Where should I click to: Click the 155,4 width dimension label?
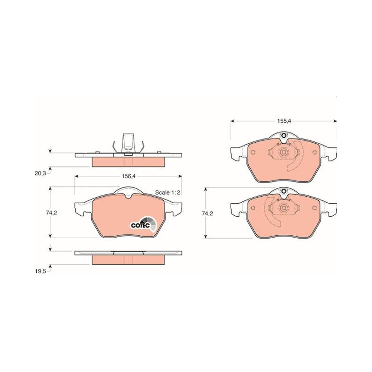pos(284,121)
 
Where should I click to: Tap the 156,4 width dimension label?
pos(128,176)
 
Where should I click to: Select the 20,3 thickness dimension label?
pos(40,173)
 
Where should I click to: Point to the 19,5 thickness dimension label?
pos(40,272)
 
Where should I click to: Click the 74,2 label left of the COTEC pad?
pos(52,213)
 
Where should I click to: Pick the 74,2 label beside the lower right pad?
pos(207,213)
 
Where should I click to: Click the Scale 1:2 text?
pos(167,193)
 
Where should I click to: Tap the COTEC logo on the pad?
pos(144,224)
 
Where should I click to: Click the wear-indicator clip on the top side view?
pos(128,143)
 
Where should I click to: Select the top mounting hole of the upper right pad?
pos(283,136)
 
